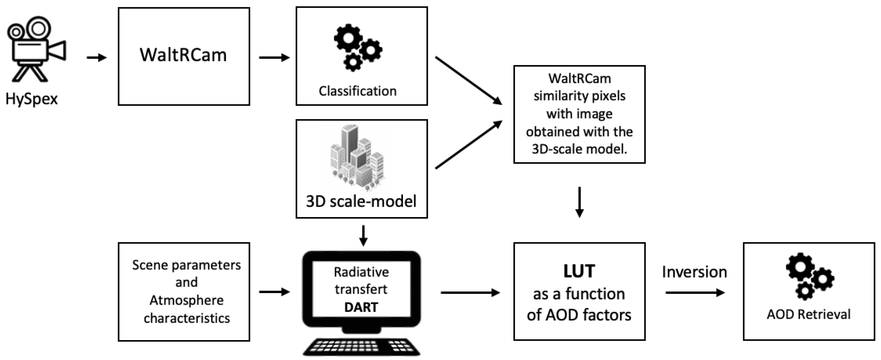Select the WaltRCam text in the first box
pos(183,55)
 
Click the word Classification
pos(357,91)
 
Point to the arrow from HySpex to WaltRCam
pos(97,58)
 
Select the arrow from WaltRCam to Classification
pos(274,58)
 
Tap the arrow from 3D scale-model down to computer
pos(363,235)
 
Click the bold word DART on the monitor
pos(361,307)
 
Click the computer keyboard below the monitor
pos(361,346)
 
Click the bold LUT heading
pos(579,271)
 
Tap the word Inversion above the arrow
pos(694,272)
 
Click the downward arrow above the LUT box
pos(579,202)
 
